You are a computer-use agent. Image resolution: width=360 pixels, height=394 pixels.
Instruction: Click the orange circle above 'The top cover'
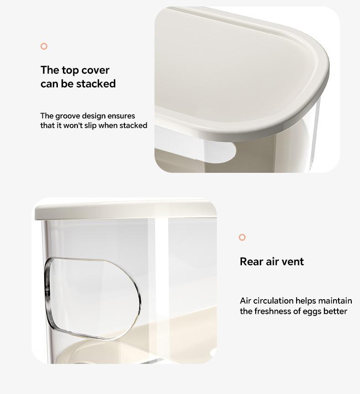[x=44, y=46]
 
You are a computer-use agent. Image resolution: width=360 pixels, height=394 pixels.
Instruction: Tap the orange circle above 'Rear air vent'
[x=242, y=237]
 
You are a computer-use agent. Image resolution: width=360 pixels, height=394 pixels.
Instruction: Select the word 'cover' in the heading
[x=95, y=70]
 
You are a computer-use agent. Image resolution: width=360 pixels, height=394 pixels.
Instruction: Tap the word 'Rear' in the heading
[x=252, y=262]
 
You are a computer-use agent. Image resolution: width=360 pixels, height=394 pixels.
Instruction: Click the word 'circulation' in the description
[x=273, y=301]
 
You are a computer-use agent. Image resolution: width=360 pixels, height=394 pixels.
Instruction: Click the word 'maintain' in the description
[x=335, y=301]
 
